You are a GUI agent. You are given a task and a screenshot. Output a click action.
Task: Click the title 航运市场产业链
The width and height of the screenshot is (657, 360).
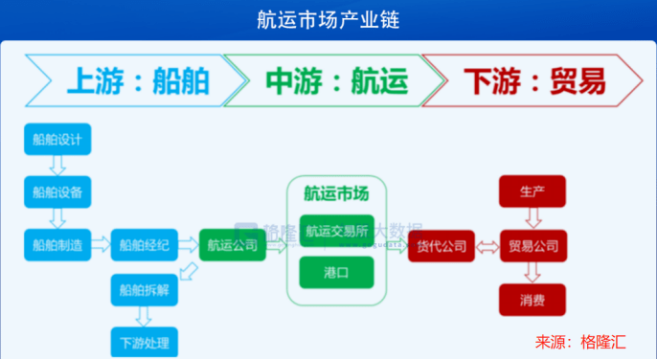tap(328, 18)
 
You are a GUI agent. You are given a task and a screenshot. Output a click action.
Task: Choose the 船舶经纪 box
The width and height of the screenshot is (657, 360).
tap(145, 245)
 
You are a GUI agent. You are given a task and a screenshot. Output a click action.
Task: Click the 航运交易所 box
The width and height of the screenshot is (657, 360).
tap(336, 231)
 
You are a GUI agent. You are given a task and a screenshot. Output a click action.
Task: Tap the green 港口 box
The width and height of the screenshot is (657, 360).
tap(336, 272)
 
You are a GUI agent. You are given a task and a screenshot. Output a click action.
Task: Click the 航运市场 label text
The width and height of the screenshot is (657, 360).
tap(336, 193)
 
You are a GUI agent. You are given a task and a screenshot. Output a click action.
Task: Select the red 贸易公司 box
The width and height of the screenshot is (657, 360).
tap(532, 246)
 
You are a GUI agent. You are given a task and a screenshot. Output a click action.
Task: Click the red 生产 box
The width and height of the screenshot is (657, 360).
tap(532, 191)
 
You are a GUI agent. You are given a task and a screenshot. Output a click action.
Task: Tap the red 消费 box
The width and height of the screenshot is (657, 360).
tap(532, 301)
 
